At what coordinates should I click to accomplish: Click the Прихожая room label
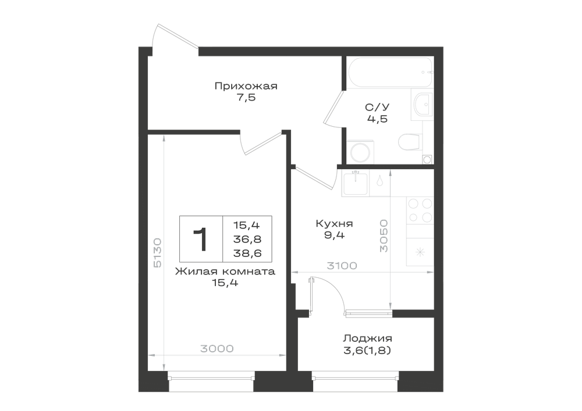click(246, 87)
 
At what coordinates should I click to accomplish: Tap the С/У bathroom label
click(377, 107)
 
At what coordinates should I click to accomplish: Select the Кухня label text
click(334, 223)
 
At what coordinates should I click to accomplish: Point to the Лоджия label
click(367, 338)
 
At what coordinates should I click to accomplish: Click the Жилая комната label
click(225, 271)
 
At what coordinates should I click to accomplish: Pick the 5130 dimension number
click(157, 253)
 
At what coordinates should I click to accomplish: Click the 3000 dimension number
click(217, 349)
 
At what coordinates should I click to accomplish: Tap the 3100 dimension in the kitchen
click(342, 266)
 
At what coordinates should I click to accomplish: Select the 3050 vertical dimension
click(384, 235)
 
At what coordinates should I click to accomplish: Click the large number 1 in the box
click(201, 240)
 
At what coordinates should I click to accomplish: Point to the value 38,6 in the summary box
click(247, 253)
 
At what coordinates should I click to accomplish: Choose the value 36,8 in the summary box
click(247, 240)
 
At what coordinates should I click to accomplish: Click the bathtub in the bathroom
click(390, 72)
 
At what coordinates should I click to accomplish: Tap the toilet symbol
click(410, 141)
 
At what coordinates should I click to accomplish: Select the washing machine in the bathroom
click(360, 152)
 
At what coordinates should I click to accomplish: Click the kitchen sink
click(356, 183)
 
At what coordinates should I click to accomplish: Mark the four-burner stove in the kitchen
click(420, 210)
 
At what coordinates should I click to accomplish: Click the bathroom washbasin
click(423, 104)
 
